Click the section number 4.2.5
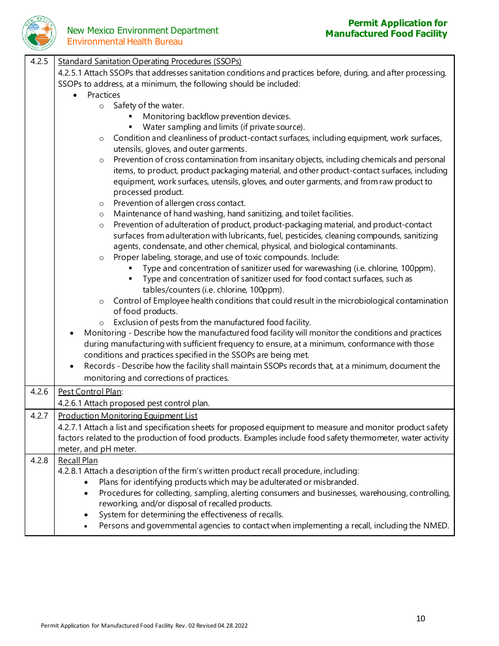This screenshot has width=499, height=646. pyautogui.click(x=39, y=61)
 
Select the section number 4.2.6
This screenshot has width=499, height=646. pyautogui.click(x=39, y=392)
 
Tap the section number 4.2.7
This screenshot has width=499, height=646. pyautogui.click(x=39, y=416)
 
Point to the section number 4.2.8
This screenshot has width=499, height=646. pyautogui.click(x=39, y=461)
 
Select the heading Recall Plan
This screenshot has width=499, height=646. pyautogui.click(x=78, y=461)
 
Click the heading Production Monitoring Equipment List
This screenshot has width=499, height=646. pyautogui.click(x=128, y=416)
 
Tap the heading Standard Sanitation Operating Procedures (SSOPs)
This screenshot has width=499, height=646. pyautogui.click(x=150, y=61)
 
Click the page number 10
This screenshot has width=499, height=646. pyautogui.click(x=420, y=619)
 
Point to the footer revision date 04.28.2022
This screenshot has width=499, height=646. pyautogui.click(x=233, y=626)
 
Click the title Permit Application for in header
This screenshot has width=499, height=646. pyautogui.click(x=398, y=23)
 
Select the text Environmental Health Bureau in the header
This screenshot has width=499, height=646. pyautogui.click(x=125, y=41)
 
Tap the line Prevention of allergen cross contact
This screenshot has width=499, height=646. pyautogui.click(x=179, y=203)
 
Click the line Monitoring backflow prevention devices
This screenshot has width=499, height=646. pyautogui.click(x=216, y=117)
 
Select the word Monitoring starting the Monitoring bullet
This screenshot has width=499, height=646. pyautogui.click(x=105, y=333)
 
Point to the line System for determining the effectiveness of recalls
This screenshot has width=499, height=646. pyautogui.click(x=191, y=515)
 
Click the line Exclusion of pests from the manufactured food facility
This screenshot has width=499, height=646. pyautogui.click(x=212, y=322)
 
